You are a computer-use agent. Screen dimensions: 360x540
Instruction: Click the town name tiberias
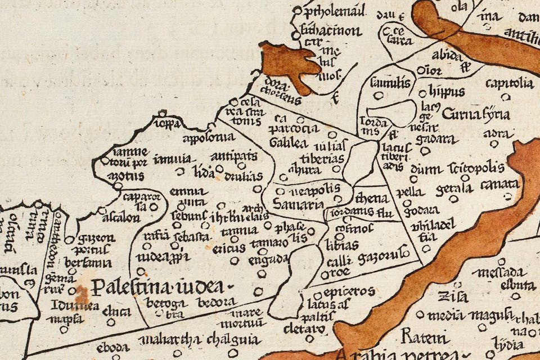coord(322,157)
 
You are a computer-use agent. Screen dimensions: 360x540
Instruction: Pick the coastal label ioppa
coord(169,123)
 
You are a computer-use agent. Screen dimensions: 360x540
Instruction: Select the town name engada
coord(270,259)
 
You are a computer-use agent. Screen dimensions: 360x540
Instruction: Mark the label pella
coord(409,192)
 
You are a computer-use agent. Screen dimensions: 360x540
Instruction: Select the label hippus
coord(446,91)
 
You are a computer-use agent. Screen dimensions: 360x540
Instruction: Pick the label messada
coord(498,272)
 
